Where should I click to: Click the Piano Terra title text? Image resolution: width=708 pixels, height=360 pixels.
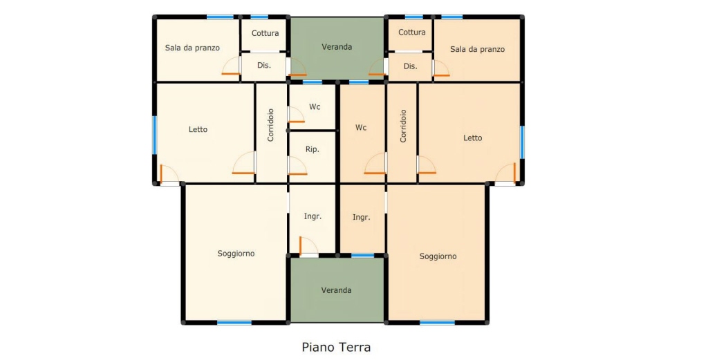click(x=337, y=348)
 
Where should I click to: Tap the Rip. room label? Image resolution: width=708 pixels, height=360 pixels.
click(x=313, y=149)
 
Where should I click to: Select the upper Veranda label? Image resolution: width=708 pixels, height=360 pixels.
click(x=337, y=46)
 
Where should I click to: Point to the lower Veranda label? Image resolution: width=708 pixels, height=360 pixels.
click(x=337, y=290)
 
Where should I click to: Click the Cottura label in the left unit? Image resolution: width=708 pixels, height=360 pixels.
click(x=265, y=33)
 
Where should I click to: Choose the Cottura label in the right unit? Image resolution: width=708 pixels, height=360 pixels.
click(x=412, y=32)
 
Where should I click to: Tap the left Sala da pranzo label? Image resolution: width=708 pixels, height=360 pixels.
click(x=192, y=48)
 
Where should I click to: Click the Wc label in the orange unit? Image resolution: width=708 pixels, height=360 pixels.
click(x=361, y=128)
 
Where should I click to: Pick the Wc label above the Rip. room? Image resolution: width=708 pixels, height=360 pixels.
click(x=315, y=107)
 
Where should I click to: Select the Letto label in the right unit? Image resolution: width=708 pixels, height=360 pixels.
click(x=473, y=138)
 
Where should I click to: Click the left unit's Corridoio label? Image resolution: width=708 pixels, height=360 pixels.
click(x=270, y=125)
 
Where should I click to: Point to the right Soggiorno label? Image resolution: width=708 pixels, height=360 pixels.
click(x=438, y=256)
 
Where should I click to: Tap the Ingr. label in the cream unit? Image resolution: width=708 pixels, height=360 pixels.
click(x=313, y=216)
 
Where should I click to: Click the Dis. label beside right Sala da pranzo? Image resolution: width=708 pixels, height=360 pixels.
click(x=411, y=66)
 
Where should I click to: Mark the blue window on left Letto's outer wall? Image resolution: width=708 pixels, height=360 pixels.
click(x=154, y=135)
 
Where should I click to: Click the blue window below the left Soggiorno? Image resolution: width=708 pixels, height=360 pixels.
click(x=234, y=323)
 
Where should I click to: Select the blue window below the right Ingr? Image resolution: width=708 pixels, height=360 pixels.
click(x=362, y=256)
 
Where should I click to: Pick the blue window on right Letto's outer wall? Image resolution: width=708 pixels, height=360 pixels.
click(x=522, y=142)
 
